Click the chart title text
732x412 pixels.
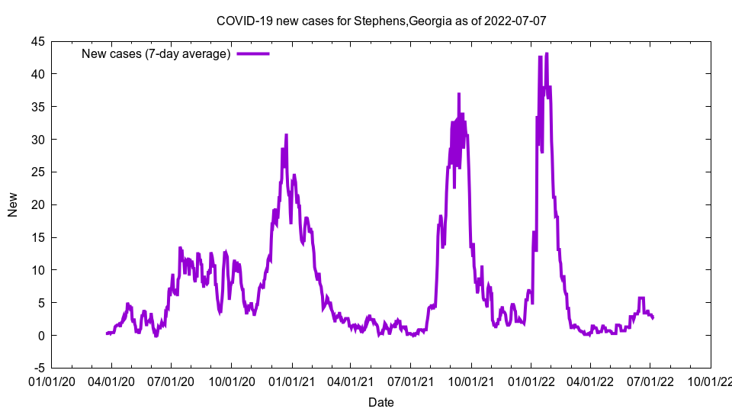(x=381, y=21)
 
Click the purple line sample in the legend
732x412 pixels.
(x=253, y=53)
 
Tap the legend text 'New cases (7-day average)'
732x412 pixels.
(x=156, y=53)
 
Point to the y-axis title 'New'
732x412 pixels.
(x=13, y=204)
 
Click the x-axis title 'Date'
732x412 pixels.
(x=381, y=402)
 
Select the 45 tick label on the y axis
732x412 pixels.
(x=37, y=42)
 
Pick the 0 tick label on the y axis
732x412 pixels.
(x=41, y=336)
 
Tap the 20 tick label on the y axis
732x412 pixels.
(x=37, y=205)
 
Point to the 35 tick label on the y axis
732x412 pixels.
(x=37, y=107)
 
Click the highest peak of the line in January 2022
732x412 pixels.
(x=547, y=53)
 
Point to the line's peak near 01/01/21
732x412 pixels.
(x=286, y=135)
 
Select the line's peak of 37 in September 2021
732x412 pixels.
(x=459, y=94)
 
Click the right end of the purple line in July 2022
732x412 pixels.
(x=653, y=317)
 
